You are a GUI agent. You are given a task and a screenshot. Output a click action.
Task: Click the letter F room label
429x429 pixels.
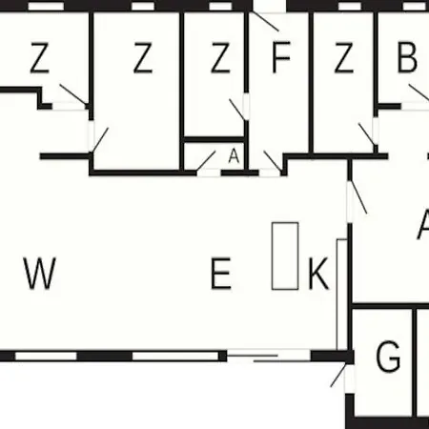pos(281,57)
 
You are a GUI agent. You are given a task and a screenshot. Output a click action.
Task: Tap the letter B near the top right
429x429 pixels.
pos(407,57)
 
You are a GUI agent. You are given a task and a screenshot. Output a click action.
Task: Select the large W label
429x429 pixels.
pos(40,274)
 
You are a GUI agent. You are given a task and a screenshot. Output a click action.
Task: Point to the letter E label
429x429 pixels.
pos(221,274)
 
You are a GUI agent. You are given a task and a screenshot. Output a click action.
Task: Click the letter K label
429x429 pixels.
pos(318,274)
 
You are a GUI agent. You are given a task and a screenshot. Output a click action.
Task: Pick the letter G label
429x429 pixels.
pos(388,356)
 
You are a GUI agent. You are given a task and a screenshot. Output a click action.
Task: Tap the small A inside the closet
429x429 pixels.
pos(234,156)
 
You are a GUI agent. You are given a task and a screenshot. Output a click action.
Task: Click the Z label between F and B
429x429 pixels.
pos(344,57)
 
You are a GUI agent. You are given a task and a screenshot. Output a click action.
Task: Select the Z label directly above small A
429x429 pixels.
pos(220,57)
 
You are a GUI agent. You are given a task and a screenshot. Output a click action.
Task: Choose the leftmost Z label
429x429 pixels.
pos(40,57)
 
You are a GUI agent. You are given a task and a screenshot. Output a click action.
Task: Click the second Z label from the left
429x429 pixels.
pos(143,57)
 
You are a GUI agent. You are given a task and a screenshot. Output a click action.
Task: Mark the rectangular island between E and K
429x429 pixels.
pos(285,256)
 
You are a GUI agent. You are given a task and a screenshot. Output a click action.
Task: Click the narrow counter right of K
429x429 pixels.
pos(341,295)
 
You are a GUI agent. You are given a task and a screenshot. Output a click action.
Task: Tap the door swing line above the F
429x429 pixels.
pos(266,22)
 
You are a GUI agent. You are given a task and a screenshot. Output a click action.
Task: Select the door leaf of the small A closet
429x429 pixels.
pos(206,161)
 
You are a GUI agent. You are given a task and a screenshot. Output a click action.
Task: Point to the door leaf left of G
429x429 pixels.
pos(338,375)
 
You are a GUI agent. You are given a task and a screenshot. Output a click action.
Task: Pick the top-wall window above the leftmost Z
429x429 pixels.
pos(46,6)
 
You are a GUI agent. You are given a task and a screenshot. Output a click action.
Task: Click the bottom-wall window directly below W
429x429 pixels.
pos(46,356)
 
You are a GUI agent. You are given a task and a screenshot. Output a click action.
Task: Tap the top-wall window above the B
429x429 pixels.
pos(414,6)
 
